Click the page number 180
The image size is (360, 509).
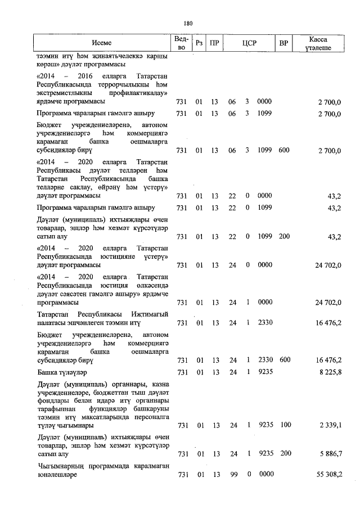188,24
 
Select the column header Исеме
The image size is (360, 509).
102,43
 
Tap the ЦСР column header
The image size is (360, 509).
249,43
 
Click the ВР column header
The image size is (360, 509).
284,43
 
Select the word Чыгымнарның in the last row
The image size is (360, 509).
60,466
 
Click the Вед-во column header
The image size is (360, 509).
181,43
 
